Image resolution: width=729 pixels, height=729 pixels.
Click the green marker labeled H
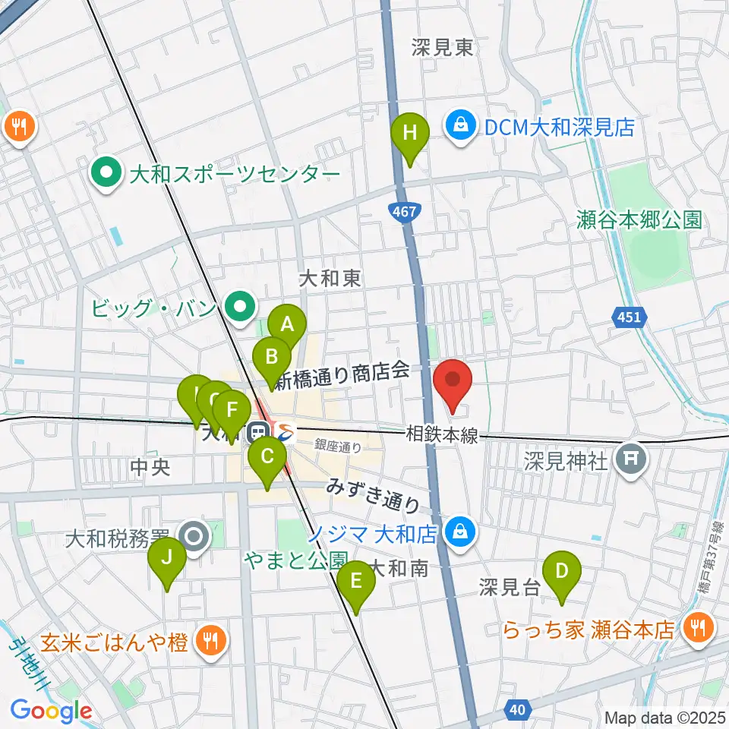[409, 134]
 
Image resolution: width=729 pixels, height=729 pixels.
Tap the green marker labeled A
[287, 325]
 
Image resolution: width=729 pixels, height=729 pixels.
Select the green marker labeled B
[271, 356]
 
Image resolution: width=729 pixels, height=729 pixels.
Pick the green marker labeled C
[267, 456]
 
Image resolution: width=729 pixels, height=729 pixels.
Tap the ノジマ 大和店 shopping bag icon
[460, 531]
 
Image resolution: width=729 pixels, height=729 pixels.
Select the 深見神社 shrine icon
[630, 457]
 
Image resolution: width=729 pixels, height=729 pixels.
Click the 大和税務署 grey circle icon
[195, 537]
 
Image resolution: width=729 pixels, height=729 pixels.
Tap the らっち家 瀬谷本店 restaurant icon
[696, 627]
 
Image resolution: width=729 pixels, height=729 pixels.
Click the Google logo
[51, 711]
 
